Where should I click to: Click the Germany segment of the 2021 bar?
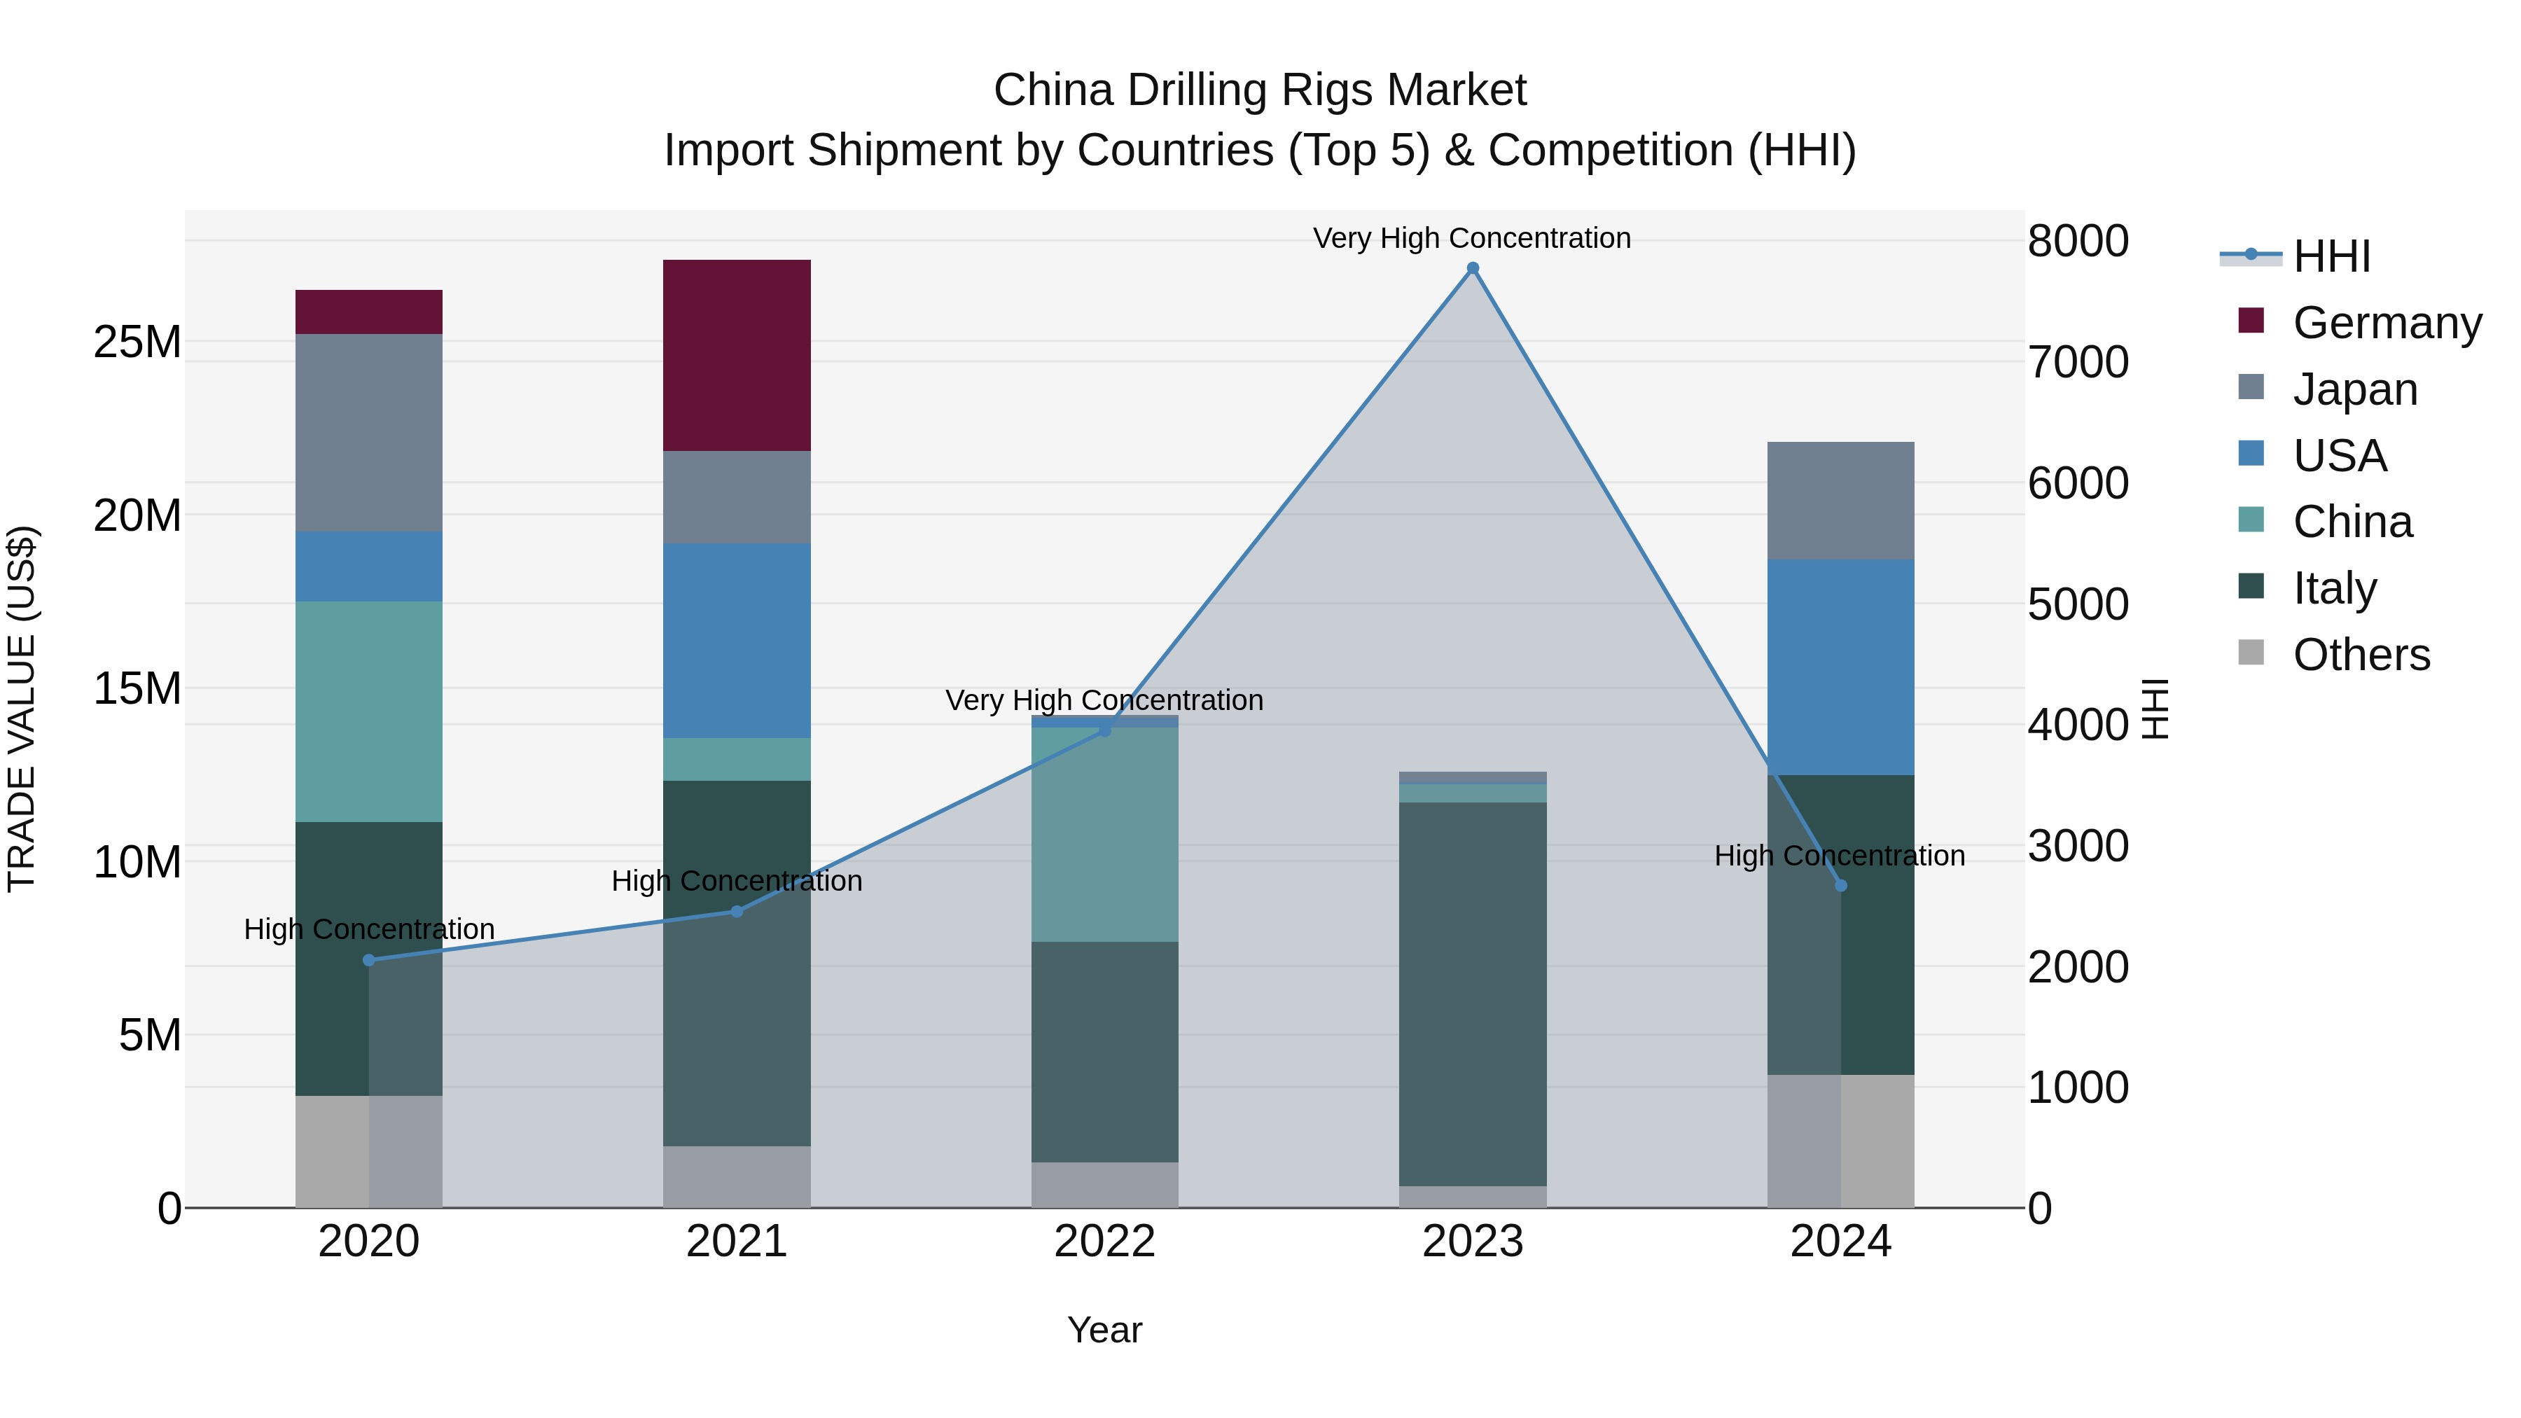[x=737, y=355]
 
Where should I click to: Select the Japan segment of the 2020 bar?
[x=369, y=433]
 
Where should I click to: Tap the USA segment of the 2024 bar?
[x=1841, y=667]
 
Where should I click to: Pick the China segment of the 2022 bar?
[x=1105, y=834]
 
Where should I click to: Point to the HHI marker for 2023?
[x=1473, y=268]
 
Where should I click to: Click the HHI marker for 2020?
[x=369, y=960]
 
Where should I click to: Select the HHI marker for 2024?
[x=1841, y=886]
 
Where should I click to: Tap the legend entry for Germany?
[x=2359, y=323]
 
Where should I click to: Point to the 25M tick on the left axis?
[x=137, y=342]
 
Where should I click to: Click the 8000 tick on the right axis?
[x=2078, y=241]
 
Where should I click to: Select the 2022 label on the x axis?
[x=1105, y=1242]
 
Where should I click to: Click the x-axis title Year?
[x=1105, y=1330]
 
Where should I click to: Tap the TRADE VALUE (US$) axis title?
[x=22, y=709]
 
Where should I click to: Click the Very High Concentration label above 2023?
[x=1472, y=238]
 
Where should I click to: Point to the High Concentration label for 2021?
[x=737, y=881]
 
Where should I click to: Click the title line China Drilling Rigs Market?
[x=1260, y=90]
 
